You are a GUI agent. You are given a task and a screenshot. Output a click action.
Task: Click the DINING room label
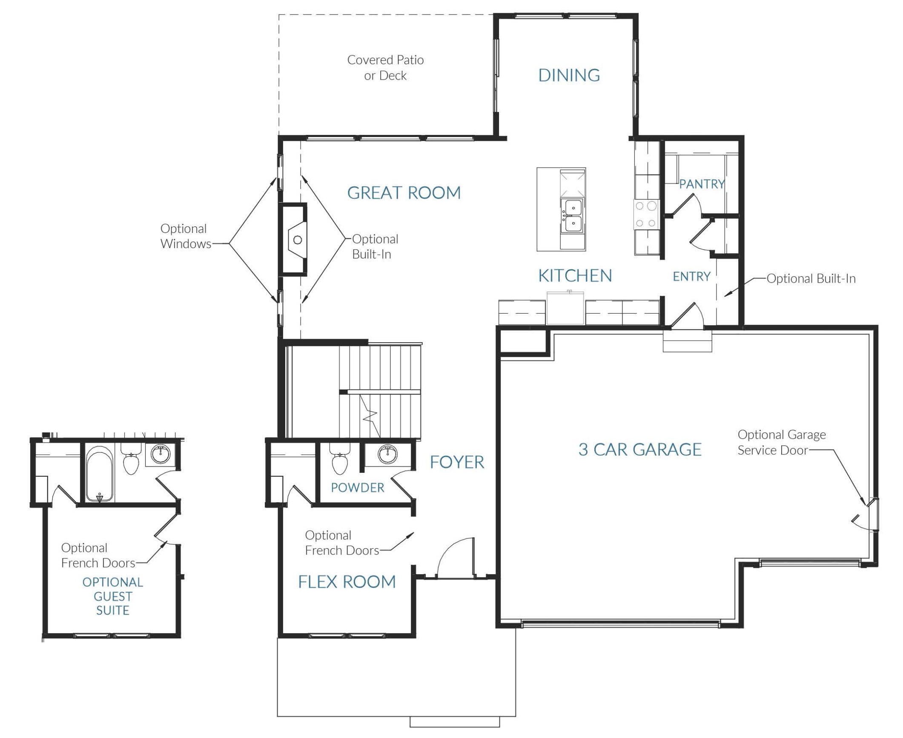(569, 75)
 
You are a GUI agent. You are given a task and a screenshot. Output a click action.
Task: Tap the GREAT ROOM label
(404, 193)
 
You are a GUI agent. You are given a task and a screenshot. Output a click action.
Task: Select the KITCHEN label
(575, 276)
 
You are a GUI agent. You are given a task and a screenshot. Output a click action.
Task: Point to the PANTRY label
(702, 184)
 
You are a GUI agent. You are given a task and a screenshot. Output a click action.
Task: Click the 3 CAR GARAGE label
(640, 449)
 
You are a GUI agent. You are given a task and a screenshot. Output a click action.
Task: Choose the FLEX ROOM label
(347, 582)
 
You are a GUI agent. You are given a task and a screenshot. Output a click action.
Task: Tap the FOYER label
(457, 462)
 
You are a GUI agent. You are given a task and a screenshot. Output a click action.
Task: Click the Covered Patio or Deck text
(385, 68)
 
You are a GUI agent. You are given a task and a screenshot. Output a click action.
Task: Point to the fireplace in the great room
(293, 240)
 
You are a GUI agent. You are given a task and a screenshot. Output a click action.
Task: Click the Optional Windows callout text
(186, 236)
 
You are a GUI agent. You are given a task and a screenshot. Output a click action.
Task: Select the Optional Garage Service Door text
(782, 442)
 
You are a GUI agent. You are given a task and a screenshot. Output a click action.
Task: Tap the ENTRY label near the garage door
(691, 277)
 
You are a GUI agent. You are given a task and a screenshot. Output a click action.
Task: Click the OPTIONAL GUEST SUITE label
(113, 596)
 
